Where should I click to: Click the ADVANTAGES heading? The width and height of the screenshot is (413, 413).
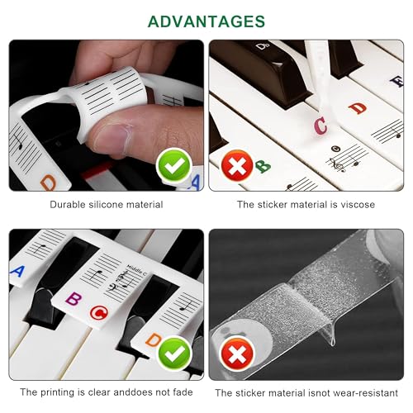[206, 21]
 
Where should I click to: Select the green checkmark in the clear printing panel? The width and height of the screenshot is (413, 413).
[173, 354]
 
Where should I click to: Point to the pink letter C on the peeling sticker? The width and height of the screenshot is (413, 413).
[320, 126]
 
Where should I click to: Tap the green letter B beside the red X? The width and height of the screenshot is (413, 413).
[263, 166]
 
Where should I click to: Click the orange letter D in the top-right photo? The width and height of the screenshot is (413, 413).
[357, 107]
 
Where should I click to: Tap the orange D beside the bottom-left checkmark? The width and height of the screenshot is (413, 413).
[153, 339]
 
